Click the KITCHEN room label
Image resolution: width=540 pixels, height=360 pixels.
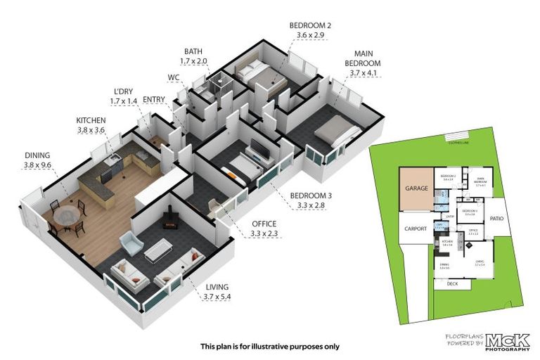pos(90,120)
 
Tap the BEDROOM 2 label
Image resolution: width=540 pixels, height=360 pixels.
pos(309,26)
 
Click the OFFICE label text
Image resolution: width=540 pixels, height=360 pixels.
pos(264,224)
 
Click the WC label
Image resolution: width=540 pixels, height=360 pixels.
pos(174,77)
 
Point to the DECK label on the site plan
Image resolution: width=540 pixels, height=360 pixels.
pos(453,285)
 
